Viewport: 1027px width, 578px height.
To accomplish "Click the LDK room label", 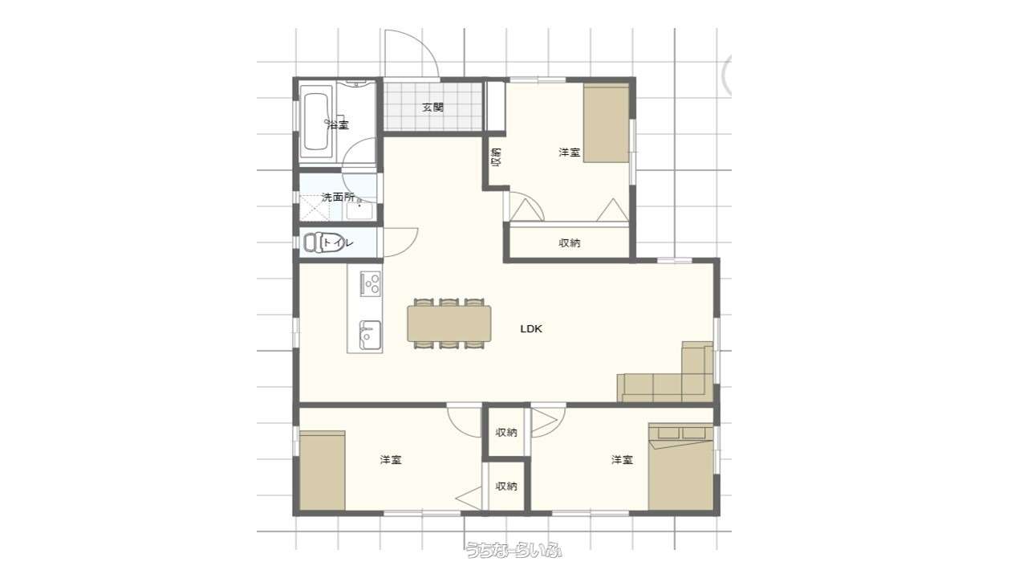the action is point(531,329).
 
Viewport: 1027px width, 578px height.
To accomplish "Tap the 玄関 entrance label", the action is point(432,108).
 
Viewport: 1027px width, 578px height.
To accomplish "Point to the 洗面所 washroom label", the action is point(339,197).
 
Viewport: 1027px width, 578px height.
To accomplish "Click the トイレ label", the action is point(339,242).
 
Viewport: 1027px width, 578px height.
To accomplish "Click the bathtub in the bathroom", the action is point(316,122).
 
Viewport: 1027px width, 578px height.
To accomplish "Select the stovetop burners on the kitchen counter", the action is point(370,283).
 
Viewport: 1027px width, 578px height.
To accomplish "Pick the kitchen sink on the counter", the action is point(370,336).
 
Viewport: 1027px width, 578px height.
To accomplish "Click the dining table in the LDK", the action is point(449,324).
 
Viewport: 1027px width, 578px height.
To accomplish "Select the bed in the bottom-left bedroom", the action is point(323,470).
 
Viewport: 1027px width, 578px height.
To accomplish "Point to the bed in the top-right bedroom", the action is point(606,123).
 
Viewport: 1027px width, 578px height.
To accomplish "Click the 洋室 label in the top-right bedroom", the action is point(570,153).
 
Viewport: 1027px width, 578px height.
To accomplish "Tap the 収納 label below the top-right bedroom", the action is point(570,243).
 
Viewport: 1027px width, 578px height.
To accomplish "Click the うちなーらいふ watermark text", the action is point(513,550).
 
